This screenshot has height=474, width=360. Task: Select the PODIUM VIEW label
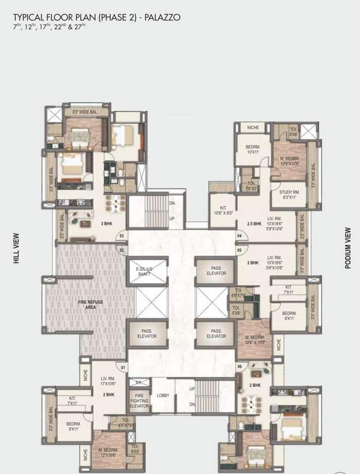[x=348, y=247]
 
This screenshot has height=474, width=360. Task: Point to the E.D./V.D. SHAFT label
[x=144, y=272]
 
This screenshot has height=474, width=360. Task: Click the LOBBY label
[x=163, y=396]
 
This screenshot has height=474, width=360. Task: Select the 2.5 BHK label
[x=254, y=224]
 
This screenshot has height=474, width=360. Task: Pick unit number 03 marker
[x=122, y=236]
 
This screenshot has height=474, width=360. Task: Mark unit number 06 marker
[x=240, y=367]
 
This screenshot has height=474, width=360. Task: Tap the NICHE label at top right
[x=253, y=128]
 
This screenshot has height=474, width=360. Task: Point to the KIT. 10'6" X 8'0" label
[x=222, y=210]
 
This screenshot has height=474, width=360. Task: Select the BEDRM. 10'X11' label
[x=252, y=148]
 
